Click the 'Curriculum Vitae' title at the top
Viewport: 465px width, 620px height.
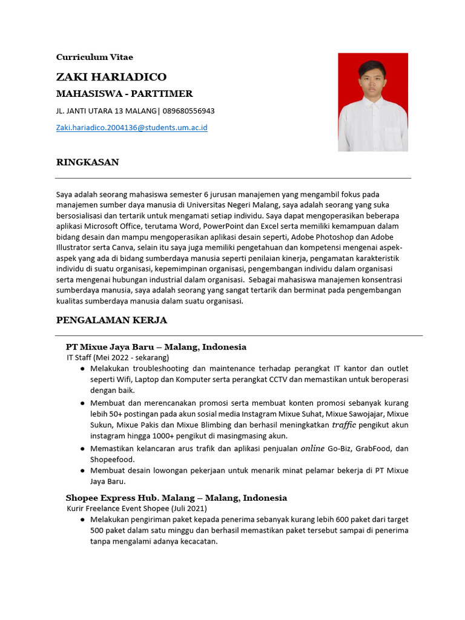(94, 57)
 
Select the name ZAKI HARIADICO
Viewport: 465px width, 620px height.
(111, 77)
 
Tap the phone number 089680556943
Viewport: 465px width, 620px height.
(188, 111)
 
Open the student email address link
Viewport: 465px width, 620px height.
(131, 128)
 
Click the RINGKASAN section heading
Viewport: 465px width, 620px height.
(87, 162)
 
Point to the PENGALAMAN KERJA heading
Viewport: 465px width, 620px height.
(111, 320)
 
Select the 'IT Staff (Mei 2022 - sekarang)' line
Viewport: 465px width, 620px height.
(117, 357)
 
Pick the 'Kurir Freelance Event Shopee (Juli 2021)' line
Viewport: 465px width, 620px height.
(137, 508)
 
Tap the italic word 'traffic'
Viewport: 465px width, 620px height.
(345, 425)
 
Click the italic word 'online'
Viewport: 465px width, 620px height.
(312, 448)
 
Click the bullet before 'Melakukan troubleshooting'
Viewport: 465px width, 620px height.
(82, 369)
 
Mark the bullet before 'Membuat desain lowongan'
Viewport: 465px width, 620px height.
(82, 471)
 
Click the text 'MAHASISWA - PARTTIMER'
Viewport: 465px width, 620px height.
(124, 94)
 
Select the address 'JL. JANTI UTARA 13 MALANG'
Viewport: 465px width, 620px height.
(106, 111)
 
